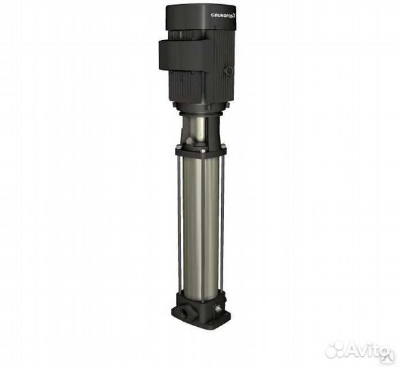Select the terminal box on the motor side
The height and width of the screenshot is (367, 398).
[x=182, y=54]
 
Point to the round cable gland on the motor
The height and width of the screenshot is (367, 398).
[x=229, y=71]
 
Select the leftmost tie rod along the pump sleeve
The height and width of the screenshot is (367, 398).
[x=179, y=224]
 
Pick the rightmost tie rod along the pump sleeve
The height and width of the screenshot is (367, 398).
[x=222, y=224]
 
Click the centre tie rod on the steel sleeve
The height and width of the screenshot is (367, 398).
[x=202, y=224]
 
